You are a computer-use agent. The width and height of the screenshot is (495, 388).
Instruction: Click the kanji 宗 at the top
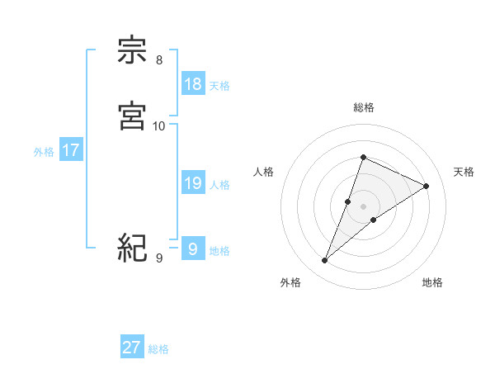133,51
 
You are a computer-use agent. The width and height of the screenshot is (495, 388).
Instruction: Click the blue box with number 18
192,84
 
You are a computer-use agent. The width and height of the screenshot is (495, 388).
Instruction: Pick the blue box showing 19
192,183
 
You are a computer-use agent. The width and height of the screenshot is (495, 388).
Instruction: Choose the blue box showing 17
70,150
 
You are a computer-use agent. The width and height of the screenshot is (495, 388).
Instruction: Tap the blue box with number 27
132,348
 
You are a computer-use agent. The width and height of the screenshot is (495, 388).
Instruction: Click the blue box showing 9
192,248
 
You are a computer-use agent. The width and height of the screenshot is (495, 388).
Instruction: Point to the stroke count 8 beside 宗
158,59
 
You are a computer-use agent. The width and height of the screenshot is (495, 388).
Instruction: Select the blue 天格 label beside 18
219,86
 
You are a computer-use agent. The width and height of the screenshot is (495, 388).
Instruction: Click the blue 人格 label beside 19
219,185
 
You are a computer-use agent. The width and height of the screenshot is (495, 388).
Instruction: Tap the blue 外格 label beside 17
44,152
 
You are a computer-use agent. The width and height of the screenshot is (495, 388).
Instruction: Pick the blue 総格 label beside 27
158,349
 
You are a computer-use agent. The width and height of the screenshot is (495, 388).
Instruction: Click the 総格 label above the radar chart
364,107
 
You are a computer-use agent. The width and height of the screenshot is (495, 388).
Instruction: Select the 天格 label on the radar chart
464,172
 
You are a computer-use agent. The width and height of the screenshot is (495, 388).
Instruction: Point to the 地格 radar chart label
432,282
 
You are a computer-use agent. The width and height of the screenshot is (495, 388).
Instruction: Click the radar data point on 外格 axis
325,260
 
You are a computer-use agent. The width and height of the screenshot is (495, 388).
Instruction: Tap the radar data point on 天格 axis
426,186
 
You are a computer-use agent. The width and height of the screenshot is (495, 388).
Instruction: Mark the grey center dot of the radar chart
364,206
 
